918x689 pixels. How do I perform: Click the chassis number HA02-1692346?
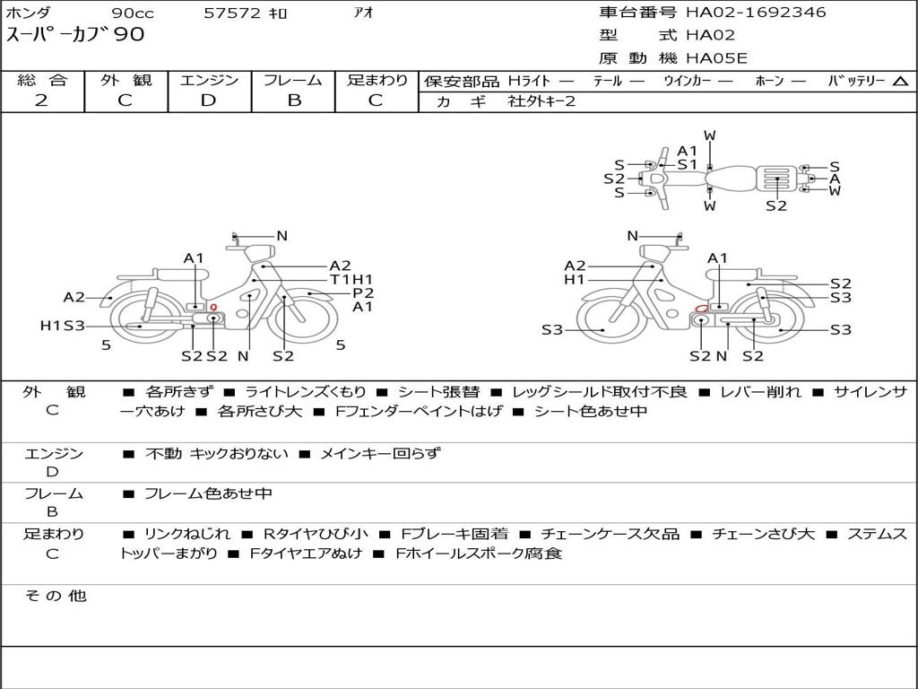(x=756, y=13)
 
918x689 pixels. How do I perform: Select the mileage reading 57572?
(x=232, y=13)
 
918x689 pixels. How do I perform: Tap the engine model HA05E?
(x=716, y=58)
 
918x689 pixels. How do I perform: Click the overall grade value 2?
(x=41, y=100)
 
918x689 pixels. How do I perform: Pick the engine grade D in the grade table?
(x=208, y=100)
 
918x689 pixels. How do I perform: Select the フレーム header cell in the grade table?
(x=293, y=80)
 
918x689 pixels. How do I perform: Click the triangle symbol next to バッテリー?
(x=900, y=82)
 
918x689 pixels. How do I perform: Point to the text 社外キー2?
(x=541, y=101)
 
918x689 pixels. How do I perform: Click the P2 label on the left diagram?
(x=362, y=293)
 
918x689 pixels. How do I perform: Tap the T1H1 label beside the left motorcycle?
(x=351, y=280)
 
